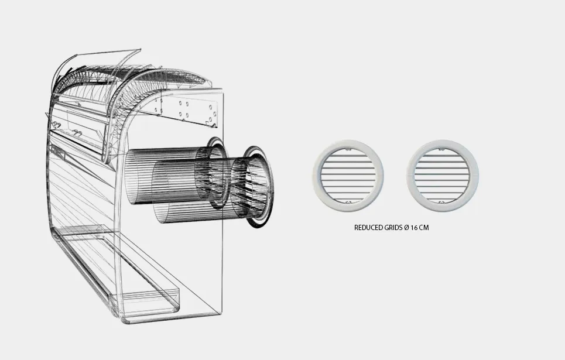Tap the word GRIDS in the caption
(393, 228)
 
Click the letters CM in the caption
(424, 228)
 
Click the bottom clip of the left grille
(348, 202)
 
